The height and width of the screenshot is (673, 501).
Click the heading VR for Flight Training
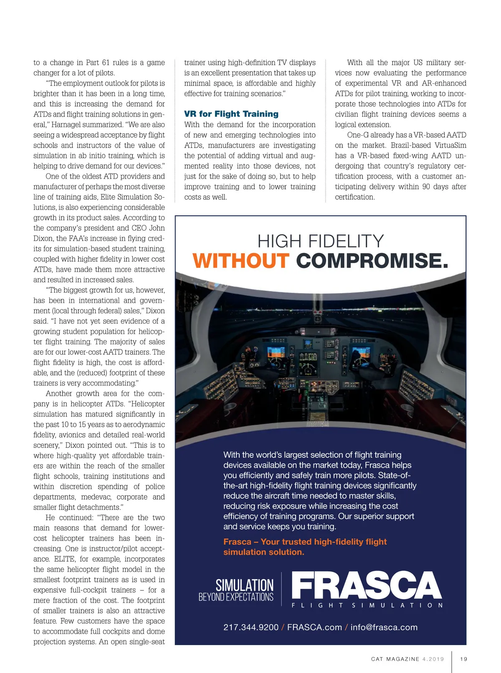tap(231, 114)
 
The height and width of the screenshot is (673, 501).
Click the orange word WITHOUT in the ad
tap(240, 261)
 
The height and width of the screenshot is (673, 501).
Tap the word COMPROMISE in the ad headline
tap(372, 261)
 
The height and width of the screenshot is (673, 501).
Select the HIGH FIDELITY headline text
tap(320, 241)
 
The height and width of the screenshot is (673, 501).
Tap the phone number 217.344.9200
tap(250, 627)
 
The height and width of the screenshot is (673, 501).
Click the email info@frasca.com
tap(384, 627)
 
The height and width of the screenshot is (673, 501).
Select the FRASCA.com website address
tap(314, 627)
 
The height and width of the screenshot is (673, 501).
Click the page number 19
tap(463, 659)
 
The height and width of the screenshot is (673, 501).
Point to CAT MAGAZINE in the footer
tap(395, 659)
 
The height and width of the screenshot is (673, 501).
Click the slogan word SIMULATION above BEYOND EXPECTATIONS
tap(244, 585)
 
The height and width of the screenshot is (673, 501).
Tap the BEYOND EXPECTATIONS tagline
tap(236, 597)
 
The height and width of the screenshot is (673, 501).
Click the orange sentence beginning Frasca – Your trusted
tap(305, 547)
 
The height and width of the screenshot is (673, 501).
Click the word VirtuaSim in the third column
tap(450, 145)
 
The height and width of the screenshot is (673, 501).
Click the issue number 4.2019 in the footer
tap(433, 659)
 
